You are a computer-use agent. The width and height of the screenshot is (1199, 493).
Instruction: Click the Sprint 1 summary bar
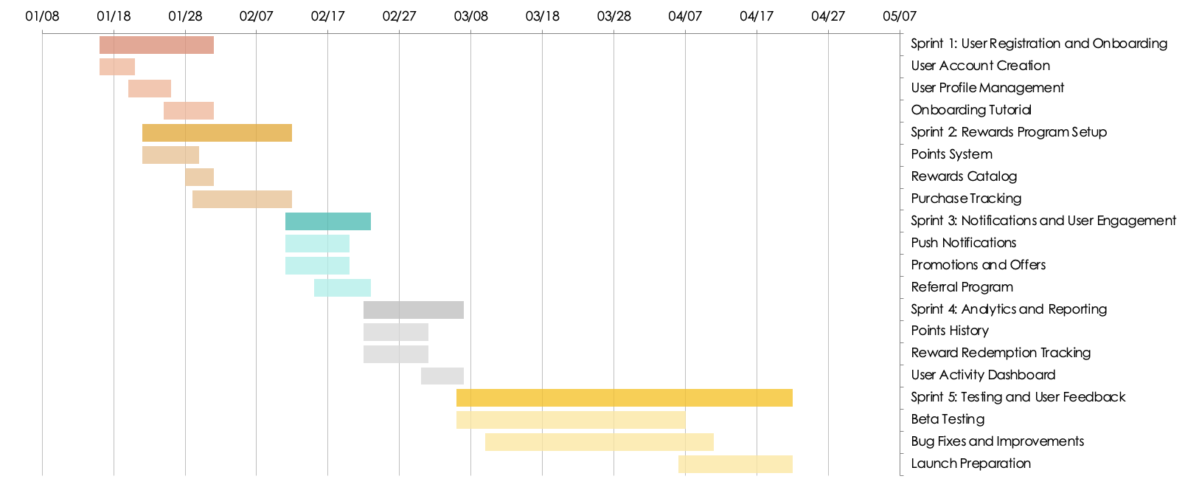pyautogui.click(x=156, y=45)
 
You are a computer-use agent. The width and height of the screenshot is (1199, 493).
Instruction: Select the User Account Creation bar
pyautogui.click(x=117, y=66)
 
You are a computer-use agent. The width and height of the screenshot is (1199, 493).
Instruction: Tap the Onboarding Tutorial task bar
pyautogui.click(x=189, y=111)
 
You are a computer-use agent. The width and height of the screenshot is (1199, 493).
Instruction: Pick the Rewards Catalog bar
pyautogui.click(x=199, y=177)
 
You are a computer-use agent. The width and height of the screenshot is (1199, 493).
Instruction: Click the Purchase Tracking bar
pyautogui.click(x=242, y=199)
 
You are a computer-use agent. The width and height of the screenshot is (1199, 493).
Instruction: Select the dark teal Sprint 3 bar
pyautogui.click(x=328, y=221)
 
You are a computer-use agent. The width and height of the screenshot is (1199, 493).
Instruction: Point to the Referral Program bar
pyautogui.click(x=342, y=288)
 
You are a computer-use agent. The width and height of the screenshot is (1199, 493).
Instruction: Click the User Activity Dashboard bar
pyautogui.click(x=442, y=376)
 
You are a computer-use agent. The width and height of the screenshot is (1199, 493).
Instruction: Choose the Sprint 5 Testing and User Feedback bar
pyautogui.click(x=624, y=398)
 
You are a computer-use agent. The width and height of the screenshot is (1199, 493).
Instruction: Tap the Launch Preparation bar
pyautogui.click(x=735, y=464)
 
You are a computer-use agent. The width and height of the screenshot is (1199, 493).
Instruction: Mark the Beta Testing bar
pyautogui.click(x=571, y=420)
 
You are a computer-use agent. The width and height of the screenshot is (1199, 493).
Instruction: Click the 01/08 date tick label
pyautogui.click(x=42, y=16)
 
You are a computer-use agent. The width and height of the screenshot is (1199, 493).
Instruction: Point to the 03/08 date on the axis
pyautogui.click(x=470, y=16)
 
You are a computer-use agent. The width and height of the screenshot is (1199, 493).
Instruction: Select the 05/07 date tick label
pyautogui.click(x=900, y=16)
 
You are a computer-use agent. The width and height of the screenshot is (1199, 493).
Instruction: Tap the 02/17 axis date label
pyautogui.click(x=327, y=16)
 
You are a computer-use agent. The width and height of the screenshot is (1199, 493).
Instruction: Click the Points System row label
pyautogui.click(x=951, y=154)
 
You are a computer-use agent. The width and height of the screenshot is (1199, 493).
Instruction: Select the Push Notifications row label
pyautogui.click(x=963, y=243)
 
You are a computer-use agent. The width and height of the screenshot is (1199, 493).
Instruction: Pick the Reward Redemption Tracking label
pyautogui.click(x=1001, y=353)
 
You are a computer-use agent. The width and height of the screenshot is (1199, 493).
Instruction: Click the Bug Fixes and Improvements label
pyautogui.click(x=997, y=441)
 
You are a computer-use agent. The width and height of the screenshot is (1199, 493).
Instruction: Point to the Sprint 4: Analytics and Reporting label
pyautogui.click(x=1009, y=309)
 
